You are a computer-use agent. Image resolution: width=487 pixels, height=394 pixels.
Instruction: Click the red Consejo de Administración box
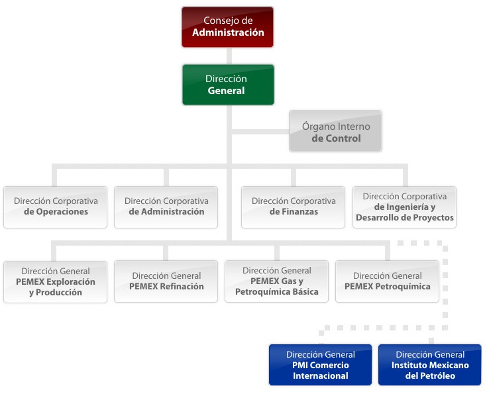(227, 27)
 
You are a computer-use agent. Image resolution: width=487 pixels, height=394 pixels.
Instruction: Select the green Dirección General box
(228, 85)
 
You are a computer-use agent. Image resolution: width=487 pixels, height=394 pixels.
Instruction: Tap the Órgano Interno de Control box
(335, 132)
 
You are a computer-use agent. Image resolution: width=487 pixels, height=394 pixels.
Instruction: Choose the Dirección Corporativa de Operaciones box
(55, 207)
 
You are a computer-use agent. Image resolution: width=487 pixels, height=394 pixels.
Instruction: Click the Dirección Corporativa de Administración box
(166, 207)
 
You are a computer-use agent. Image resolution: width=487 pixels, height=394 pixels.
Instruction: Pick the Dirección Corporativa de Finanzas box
(293, 207)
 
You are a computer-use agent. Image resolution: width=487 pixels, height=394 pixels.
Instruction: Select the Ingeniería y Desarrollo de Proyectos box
(404, 207)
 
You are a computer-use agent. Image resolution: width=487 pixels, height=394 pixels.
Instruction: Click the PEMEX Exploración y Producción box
(55, 281)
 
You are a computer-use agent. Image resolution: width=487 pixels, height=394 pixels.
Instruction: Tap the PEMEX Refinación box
(166, 281)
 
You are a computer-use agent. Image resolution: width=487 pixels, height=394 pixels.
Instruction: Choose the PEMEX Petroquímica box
(387, 281)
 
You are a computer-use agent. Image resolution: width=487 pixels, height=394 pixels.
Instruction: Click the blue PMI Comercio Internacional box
(320, 365)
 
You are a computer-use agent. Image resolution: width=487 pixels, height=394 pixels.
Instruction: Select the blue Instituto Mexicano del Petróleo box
(429, 365)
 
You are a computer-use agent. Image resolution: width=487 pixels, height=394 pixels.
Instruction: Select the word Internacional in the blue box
(321, 376)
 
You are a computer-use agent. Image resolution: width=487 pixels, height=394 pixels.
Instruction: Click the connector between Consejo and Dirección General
(228, 56)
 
